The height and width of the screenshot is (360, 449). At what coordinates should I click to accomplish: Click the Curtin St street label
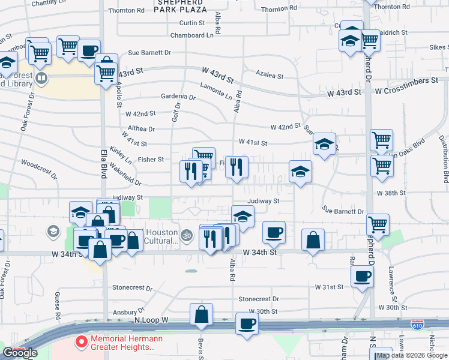(x=192, y=23)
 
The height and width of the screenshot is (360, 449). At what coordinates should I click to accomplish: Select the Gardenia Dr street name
(x=178, y=97)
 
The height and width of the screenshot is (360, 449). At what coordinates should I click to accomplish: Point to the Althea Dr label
(x=142, y=128)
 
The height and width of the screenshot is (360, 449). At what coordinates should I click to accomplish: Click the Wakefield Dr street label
(x=125, y=176)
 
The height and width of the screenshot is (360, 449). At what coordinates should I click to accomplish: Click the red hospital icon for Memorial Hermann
(x=80, y=343)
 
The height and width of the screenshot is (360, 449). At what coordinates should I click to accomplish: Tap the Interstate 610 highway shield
(x=417, y=325)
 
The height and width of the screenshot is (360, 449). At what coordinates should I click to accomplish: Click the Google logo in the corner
(x=20, y=353)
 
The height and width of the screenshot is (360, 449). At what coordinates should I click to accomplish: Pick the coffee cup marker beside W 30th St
(x=246, y=325)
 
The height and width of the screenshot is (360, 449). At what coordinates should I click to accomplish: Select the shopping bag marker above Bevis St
(x=202, y=314)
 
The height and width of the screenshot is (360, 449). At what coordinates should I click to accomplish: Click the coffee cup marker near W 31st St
(x=363, y=277)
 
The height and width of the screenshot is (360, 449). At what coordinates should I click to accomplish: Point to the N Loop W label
(x=152, y=320)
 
